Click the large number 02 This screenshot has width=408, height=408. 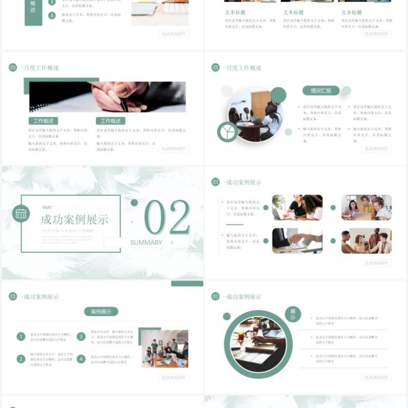pyautogui.click(x=167, y=217)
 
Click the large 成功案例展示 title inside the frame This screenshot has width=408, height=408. pyautogui.click(x=74, y=220)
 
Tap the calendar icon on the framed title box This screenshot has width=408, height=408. pyautogui.click(x=21, y=213)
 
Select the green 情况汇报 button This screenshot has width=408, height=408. pyautogui.click(x=321, y=91)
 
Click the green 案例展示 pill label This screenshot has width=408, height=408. pyautogui.click(x=101, y=311)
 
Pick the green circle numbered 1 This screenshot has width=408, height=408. pyautogui.click(x=21, y=337)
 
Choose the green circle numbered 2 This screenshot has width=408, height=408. pyautogui.click(x=21, y=359)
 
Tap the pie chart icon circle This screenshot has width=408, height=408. pyautogui.click(x=227, y=132)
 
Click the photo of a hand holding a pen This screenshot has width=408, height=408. pyautogui.click(x=107, y=97)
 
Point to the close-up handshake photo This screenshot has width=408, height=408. pyautogui.click(x=297, y=241)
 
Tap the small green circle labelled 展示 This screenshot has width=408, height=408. pyautogui.click(x=293, y=314)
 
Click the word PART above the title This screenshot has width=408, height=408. pyautogui.click(x=47, y=208)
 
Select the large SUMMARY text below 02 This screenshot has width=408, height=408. pyautogui.click(x=146, y=243)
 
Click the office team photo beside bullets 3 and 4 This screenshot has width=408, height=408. pyautogui.click(x=164, y=349)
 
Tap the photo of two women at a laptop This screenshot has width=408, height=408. pyautogui.click(x=297, y=207)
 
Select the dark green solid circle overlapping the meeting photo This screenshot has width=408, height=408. pyautogui.click(x=278, y=95)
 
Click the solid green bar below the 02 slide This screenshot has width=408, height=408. pyautogui.click(x=187, y=284)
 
